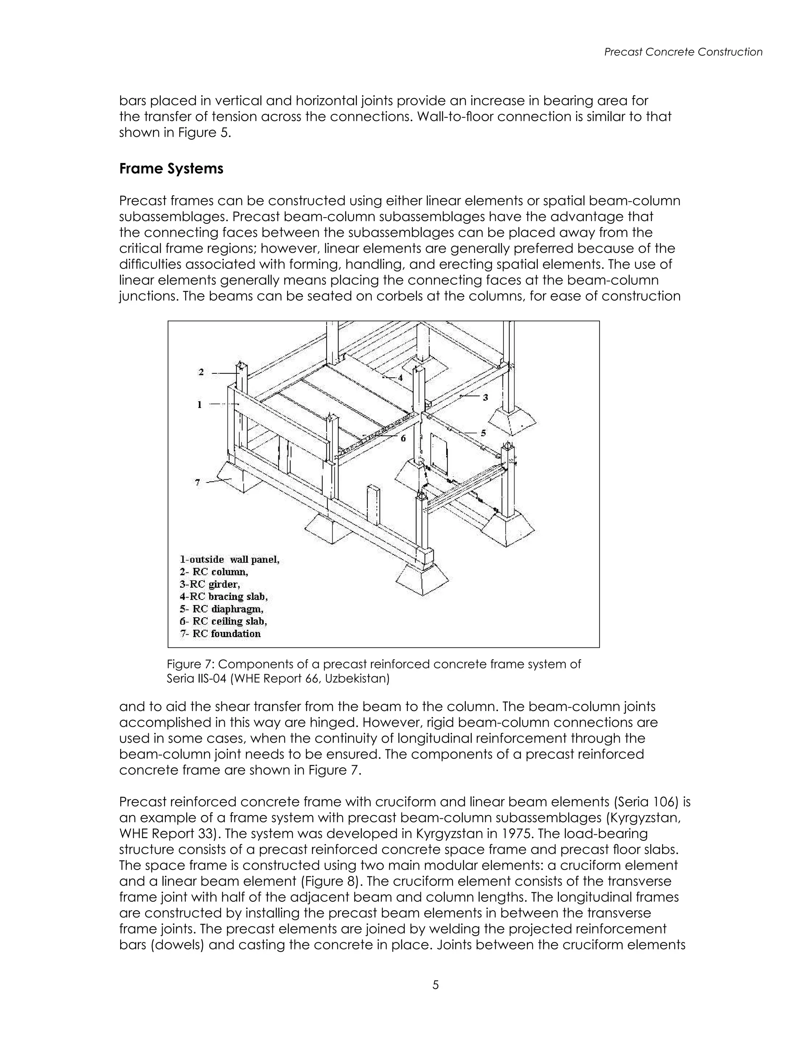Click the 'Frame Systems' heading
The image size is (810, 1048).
pyautogui.click(x=171, y=169)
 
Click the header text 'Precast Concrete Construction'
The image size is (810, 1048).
pyautogui.click(x=683, y=52)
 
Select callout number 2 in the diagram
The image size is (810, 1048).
pyautogui.click(x=201, y=372)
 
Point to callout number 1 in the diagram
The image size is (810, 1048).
pyautogui.click(x=200, y=405)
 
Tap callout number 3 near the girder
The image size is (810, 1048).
pyautogui.click(x=485, y=397)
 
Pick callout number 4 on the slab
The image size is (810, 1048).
pyautogui.click(x=400, y=378)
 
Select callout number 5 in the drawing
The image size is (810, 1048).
pyautogui.click(x=483, y=433)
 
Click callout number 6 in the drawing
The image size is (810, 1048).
pyautogui.click(x=403, y=438)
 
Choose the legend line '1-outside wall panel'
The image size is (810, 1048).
pyautogui.click(x=229, y=560)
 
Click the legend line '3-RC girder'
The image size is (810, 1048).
pyautogui.click(x=210, y=585)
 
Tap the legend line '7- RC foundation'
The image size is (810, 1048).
pyautogui.click(x=220, y=634)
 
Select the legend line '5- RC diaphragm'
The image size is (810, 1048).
pyautogui.click(x=222, y=609)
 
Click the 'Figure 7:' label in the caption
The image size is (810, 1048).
pyautogui.click(x=191, y=664)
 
